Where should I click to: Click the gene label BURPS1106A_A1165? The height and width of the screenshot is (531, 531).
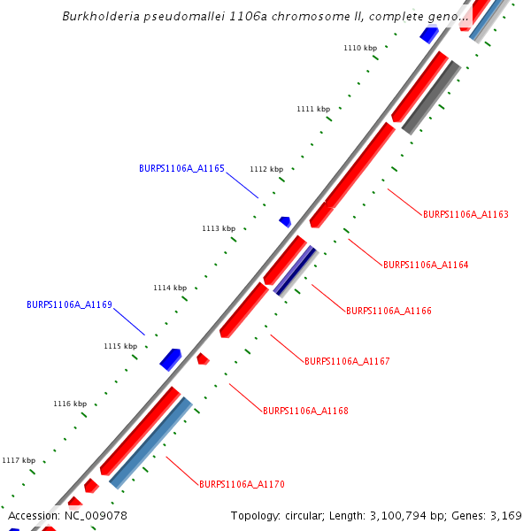coord(181,168)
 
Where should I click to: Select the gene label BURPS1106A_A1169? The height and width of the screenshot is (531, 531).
coord(69,304)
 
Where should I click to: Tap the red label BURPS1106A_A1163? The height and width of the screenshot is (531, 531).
coord(466,214)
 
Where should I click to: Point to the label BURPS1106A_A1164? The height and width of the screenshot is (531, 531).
coord(426,265)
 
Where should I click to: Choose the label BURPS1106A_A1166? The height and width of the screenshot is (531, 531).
coord(389,312)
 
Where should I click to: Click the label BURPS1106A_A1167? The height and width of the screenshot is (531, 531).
coord(347,361)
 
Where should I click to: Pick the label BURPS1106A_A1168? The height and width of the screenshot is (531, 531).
coord(305,411)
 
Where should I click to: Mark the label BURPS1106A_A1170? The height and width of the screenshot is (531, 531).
coord(242,484)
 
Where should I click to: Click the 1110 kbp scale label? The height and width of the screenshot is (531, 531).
coord(359,48)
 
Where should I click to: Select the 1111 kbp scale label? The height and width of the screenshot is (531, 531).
coord(312,109)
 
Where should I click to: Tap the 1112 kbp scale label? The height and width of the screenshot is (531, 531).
coord(266,169)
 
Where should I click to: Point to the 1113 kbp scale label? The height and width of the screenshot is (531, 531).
coord(219,228)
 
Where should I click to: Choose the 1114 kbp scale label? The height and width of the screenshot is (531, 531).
coord(170,288)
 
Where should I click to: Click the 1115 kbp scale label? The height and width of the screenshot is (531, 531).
coord(120,346)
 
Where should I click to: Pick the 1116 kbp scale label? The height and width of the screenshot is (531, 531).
coord(70,404)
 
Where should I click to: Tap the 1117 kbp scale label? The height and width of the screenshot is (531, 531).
coord(19,460)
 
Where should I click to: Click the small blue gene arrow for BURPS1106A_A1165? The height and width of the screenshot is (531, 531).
coord(285,221)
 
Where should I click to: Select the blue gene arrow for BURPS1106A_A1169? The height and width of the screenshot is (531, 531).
coord(170,358)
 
